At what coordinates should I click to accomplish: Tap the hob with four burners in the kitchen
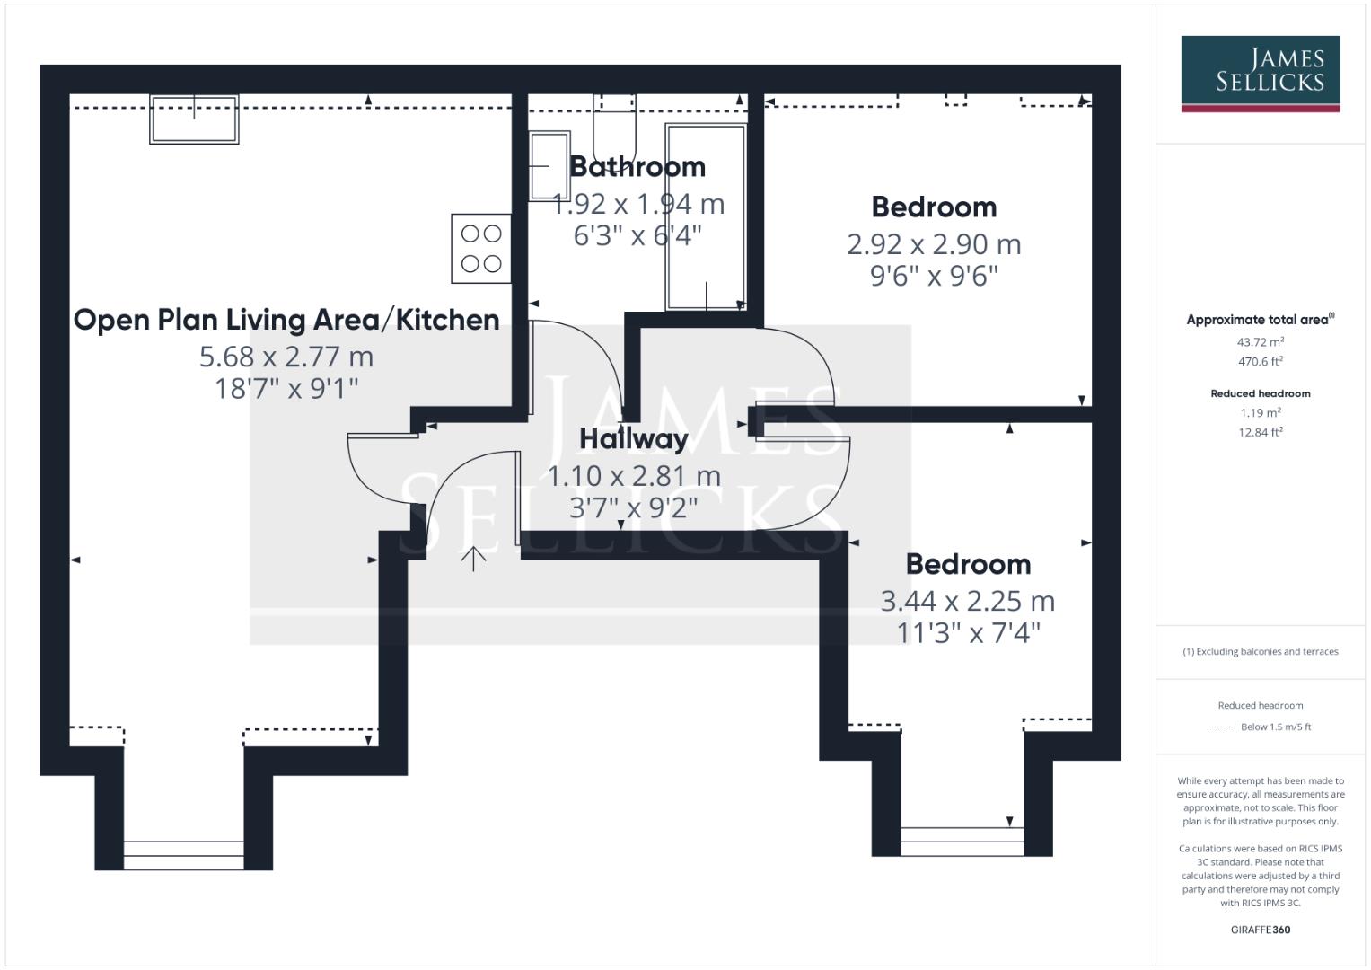tap(481, 249)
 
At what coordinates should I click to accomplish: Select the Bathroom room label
tap(637, 167)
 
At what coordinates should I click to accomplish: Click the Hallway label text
tap(634, 439)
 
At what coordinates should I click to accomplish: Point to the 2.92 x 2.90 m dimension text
tap(934, 244)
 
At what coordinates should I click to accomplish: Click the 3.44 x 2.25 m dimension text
tap(968, 601)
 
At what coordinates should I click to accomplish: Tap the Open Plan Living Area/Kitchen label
tap(286, 320)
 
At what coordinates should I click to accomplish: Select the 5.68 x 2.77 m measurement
tap(286, 357)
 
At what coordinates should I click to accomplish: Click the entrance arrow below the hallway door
tap(473, 559)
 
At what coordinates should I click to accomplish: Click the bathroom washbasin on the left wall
tap(549, 166)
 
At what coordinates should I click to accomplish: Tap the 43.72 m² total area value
tap(1260, 342)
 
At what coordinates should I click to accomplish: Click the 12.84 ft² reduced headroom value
tap(1260, 432)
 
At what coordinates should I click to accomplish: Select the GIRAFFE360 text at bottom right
tap(1260, 930)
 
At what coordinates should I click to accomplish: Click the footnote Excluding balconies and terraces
tap(1260, 652)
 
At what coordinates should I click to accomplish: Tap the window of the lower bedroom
tap(962, 842)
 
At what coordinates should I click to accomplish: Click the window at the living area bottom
tap(183, 855)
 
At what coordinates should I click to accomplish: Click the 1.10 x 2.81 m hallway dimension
tap(634, 476)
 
